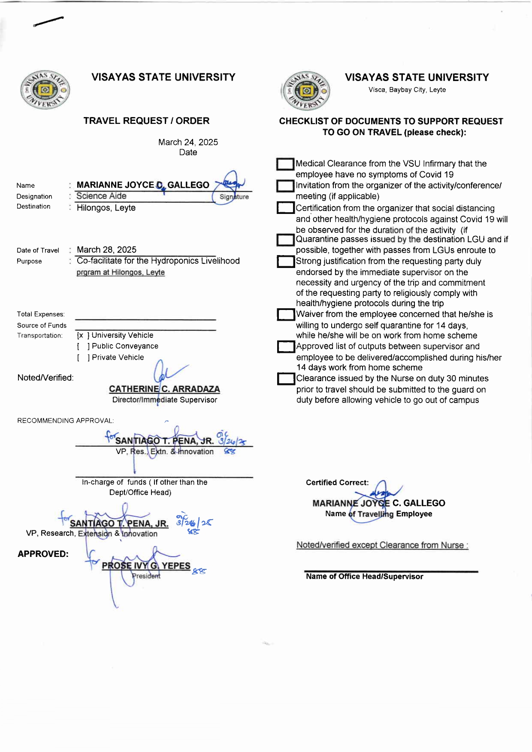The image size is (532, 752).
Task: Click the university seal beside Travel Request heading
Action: click(x=45, y=90)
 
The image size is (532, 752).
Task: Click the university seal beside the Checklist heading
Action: click(x=306, y=91)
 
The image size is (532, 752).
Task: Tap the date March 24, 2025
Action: click(x=188, y=142)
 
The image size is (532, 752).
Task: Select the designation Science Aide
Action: click(x=101, y=196)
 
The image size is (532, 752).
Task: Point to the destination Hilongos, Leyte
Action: click(x=106, y=208)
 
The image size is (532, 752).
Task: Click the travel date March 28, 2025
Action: click(x=106, y=250)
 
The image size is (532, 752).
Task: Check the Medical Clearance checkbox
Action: click(x=285, y=164)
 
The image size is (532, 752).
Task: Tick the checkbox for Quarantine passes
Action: click(x=285, y=240)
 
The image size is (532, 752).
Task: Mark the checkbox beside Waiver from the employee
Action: click(x=285, y=315)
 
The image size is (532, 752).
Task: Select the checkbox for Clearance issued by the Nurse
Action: click(x=286, y=379)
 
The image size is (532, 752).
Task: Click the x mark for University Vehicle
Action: click(x=81, y=335)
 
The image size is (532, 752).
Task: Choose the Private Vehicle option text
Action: click(x=118, y=358)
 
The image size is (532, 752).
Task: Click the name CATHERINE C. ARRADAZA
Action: click(x=164, y=389)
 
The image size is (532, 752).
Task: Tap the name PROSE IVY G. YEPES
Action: click(x=146, y=566)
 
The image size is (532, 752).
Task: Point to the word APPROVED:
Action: click(x=43, y=554)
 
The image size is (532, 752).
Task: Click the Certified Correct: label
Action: click(x=337, y=483)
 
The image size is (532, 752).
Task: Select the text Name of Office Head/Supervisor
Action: click(x=364, y=577)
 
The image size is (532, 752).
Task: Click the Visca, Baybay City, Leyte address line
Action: click(x=407, y=90)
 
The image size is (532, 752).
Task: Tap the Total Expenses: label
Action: click(x=41, y=314)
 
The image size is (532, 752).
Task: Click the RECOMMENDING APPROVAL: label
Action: click(x=65, y=421)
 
